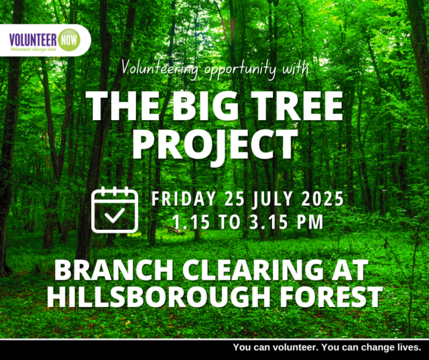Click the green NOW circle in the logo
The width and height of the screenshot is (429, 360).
[x=69, y=40]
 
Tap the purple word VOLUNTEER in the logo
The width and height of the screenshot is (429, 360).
[x=33, y=40]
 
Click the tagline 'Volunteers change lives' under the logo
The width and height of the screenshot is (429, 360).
[x=34, y=49]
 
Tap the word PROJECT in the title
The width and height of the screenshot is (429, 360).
[x=215, y=145]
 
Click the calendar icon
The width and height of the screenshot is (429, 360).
[x=115, y=210]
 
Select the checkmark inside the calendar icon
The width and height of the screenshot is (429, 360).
[x=115, y=215]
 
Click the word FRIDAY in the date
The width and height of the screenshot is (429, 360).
[x=184, y=198]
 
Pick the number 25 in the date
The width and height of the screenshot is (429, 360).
[x=235, y=198]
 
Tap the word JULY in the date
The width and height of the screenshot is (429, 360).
[x=273, y=198]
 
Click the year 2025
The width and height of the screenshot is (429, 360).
[x=322, y=198]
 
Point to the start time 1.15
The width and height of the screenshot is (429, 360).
[x=191, y=222]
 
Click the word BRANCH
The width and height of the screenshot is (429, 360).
[x=114, y=270]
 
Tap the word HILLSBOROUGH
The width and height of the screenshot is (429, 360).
[x=159, y=297]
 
